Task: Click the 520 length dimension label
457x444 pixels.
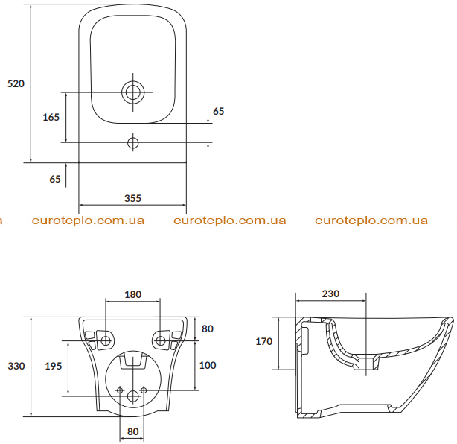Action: click(x=16, y=83)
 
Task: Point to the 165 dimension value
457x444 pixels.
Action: click(x=51, y=117)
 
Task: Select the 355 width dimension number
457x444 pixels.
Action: click(x=132, y=198)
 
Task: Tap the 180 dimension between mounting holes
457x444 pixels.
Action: click(x=133, y=295)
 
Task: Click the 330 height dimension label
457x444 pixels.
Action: click(x=16, y=366)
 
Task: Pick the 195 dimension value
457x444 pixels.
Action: click(x=54, y=366)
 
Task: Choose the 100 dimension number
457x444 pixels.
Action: click(x=208, y=365)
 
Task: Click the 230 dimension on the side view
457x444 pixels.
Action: click(x=330, y=294)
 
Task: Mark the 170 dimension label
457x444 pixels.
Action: click(x=263, y=341)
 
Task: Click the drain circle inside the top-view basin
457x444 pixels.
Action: click(x=133, y=92)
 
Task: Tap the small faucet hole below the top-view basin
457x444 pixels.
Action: click(x=133, y=142)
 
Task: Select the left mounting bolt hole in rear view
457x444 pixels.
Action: click(x=106, y=340)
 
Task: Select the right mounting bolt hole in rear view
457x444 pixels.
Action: click(x=160, y=340)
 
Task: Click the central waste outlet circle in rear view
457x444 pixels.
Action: click(x=133, y=396)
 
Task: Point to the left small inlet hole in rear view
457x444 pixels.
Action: click(x=120, y=390)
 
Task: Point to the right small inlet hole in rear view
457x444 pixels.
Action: click(x=144, y=390)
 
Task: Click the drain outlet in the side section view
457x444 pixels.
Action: click(x=366, y=362)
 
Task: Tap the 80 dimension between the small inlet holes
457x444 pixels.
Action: click(x=133, y=431)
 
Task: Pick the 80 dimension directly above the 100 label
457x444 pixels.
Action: click(x=208, y=329)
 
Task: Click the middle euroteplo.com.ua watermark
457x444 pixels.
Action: click(x=230, y=221)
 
